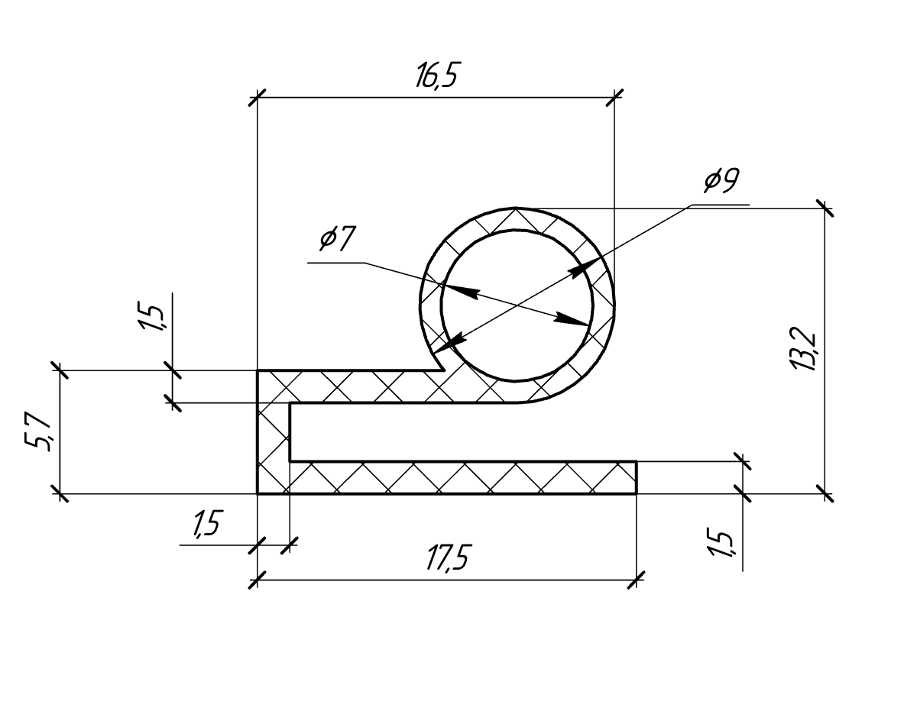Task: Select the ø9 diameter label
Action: [x=722, y=180]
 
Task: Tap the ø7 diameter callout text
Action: [x=338, y=239]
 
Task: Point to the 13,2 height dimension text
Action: [x=804, y=349]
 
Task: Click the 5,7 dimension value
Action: [x=38, y=432]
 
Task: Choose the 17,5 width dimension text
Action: [x=449, y=558]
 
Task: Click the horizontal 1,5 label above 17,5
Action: [x=207, y=525]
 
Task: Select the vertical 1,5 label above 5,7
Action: [x=151, y=316]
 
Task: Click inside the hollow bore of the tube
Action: [x=517, y=305]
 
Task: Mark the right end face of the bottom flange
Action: [x=637, y=477]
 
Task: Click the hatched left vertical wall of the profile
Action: [x=274, y=432]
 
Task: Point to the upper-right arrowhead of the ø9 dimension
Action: [x=585, y=267]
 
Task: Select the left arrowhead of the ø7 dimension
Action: [x=459, y=292]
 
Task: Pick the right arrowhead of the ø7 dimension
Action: [x=572, y=320]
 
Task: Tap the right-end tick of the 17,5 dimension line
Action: [x=637, y=580]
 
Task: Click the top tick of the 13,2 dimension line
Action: [x=825, y=208]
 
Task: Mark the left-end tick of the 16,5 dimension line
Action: [x=258, y=98]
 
